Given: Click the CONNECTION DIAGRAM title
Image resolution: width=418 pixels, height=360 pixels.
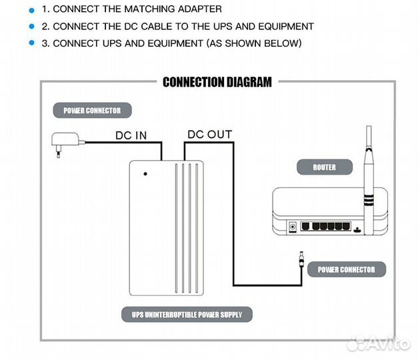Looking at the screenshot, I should coord(217,83).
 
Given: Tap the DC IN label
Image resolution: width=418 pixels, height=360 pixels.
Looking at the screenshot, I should coord(131,135).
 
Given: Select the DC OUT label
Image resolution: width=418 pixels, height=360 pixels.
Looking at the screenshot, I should coord(209,135).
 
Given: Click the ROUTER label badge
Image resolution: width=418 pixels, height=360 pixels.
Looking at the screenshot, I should coord(324,167).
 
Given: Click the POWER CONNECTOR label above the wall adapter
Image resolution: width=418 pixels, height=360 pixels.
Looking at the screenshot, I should coord(92,110).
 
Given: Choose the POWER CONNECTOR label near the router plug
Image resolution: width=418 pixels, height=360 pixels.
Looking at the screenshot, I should coord(346,269).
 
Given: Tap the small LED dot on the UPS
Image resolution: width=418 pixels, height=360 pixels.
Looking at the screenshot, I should coord(145,174).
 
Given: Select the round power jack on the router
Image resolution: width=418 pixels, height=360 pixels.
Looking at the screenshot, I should coord(291,228).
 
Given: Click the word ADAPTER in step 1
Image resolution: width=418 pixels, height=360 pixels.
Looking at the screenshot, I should coord(198,10).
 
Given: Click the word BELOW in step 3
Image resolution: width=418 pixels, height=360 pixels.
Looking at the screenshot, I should coord(281,43).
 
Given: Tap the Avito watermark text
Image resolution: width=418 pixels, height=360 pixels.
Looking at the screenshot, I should coord(389,343).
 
